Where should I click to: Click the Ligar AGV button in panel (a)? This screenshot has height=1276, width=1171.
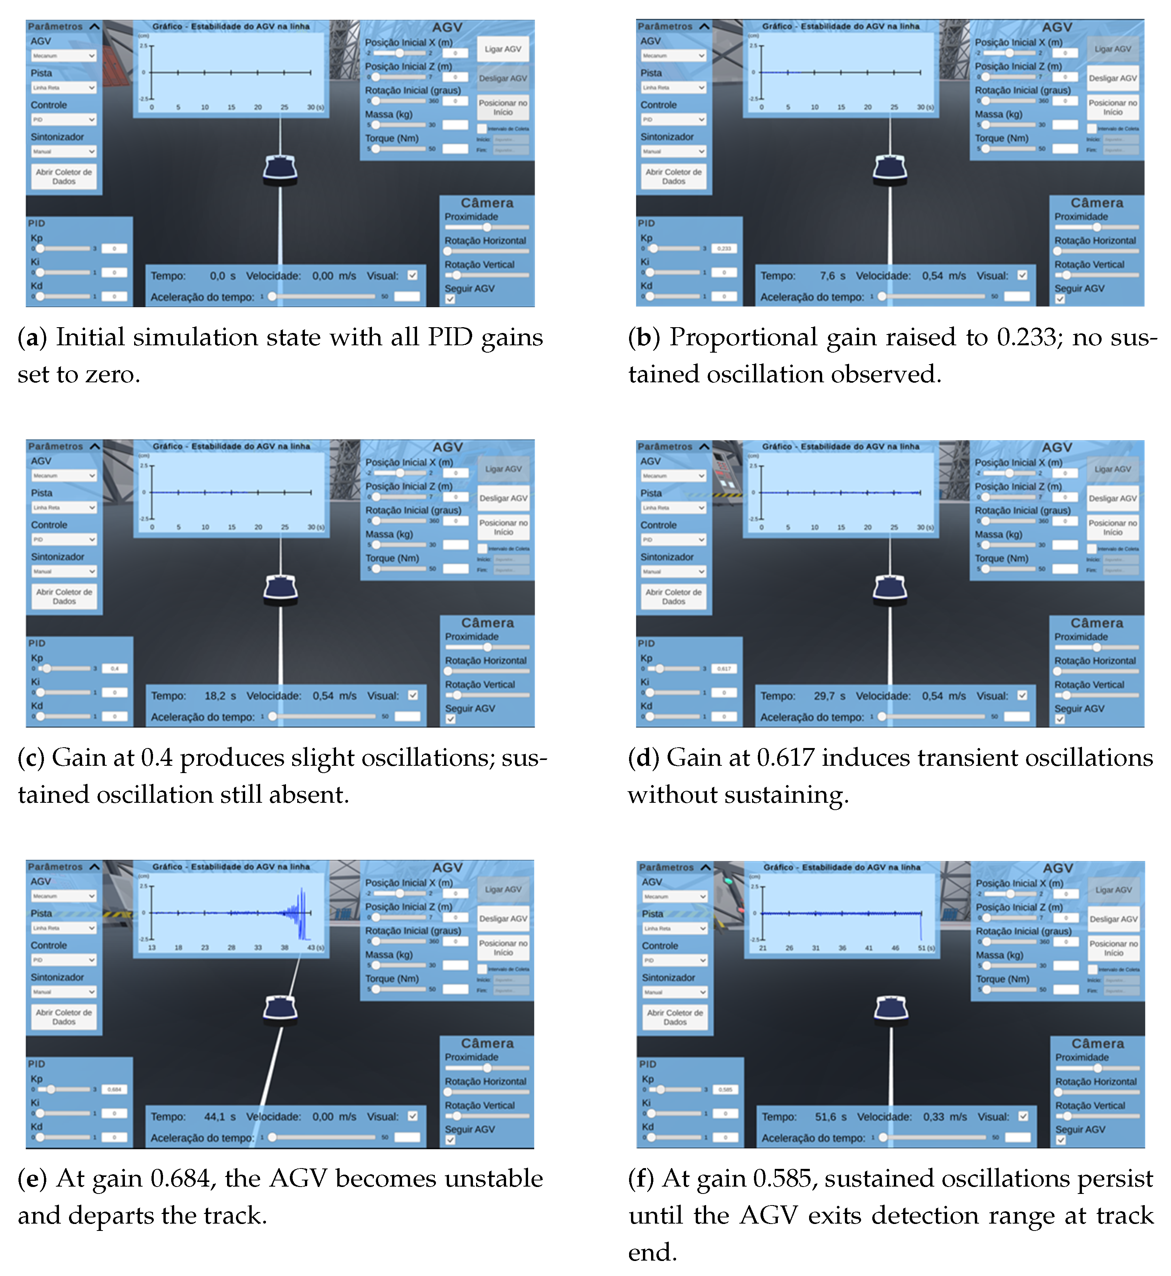coord(503,49)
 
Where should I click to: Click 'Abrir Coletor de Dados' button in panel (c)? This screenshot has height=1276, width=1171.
coord(64,596)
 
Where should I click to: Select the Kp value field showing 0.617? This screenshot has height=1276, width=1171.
coord(723,668)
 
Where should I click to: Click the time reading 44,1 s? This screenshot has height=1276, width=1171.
coord(219,1116)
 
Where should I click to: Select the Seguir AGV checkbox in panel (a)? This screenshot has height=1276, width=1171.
coord(450,299)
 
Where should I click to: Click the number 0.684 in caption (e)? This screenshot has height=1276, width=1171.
coord(184,1178)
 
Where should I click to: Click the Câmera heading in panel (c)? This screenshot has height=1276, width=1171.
coord(487,623)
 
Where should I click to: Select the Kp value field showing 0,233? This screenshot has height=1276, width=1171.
coord(723,248)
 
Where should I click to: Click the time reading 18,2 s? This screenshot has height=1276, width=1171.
coord(220,696)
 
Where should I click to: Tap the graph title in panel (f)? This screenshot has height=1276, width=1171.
coord(841,867)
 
